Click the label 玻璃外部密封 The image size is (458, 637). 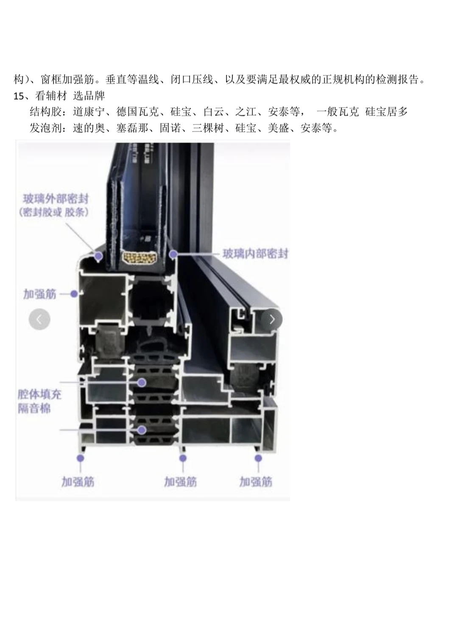tap(56, 199)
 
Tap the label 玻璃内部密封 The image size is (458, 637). tap(255, 254)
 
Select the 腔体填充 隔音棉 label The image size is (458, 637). tap(39, 401)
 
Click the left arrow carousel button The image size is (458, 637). tap(39, 319)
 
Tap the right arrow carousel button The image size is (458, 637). tap(272, 319)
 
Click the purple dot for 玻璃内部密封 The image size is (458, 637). tap(173, 254)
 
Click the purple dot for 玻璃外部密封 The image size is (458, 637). tap(98, 256)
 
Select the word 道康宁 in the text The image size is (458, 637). tap(89, 112)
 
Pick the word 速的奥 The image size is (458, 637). tap(89, 128)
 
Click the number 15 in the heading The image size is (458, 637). tap(19, 96)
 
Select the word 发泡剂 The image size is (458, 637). tap(45, 128)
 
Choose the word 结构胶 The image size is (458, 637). tap(45, 112)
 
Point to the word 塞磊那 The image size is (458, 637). tap(132, 128)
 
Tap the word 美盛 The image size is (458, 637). tap(278, 128)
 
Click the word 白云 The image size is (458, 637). tap(214, 112)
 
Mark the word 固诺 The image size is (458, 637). tap(170, 128)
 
